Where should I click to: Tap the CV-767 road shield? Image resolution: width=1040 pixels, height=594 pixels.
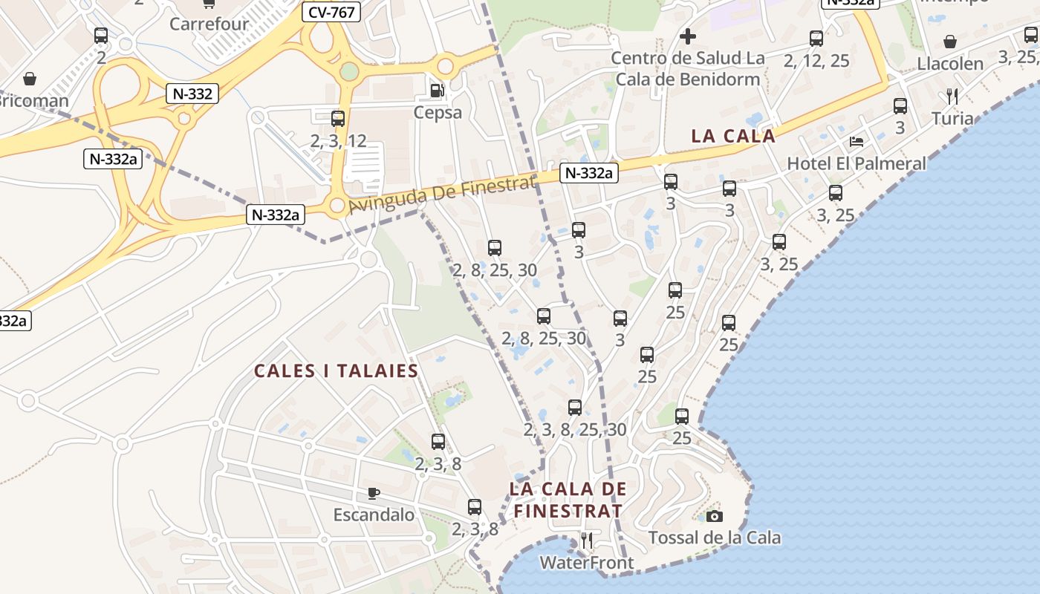pyautogui.click(x=331, y=12)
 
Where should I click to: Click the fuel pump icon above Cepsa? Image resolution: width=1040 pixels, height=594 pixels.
pyautogui.click(x=438, y=91)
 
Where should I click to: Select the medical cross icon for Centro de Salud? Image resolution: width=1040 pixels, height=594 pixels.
pyautogui.click(x=688, y=36)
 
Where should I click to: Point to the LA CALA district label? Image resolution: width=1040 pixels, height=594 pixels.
pyautogui.click(x=733, y=136)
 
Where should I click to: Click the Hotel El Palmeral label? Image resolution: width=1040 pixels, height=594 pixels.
pyautogui.click(x=857, y=163)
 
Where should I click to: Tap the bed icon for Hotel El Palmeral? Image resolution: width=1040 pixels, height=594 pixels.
pyautogui.click(x=857, y=141)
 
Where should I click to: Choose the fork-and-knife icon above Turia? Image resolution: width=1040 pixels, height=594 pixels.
pyautogui.click(x=952, y=97)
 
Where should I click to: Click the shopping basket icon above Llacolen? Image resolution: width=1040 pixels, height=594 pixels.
pyautogui.click(x=950, y=42)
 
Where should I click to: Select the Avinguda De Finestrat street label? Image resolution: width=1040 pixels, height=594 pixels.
pyautogui.click(x=442, y=195)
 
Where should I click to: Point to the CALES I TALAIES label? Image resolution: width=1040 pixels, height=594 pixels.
pyautogui.click(x=336, y=371)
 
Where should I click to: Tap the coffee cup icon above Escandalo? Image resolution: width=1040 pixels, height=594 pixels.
pyautogui.click(x=374, y=493)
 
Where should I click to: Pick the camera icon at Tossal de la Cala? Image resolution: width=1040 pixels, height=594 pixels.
pyautogui.click(x=715, y=516)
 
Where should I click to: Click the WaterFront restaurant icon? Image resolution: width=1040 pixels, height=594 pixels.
pyautogui.click(x=587, y=540)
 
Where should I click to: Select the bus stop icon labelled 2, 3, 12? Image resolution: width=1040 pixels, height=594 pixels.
pyautogui.click(x=338, y=118)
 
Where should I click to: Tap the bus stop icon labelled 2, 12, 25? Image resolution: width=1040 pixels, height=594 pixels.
pyautogui.click(x=816, y=39)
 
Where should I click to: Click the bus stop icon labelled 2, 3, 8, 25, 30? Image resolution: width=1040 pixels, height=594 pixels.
pyautogui.click(x=575, y=408)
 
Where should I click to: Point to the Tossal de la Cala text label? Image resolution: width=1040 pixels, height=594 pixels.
pyautogui.click(x=715, y=538)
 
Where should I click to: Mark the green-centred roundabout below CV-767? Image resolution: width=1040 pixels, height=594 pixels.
pyautogui.click(x=349, y=72)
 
